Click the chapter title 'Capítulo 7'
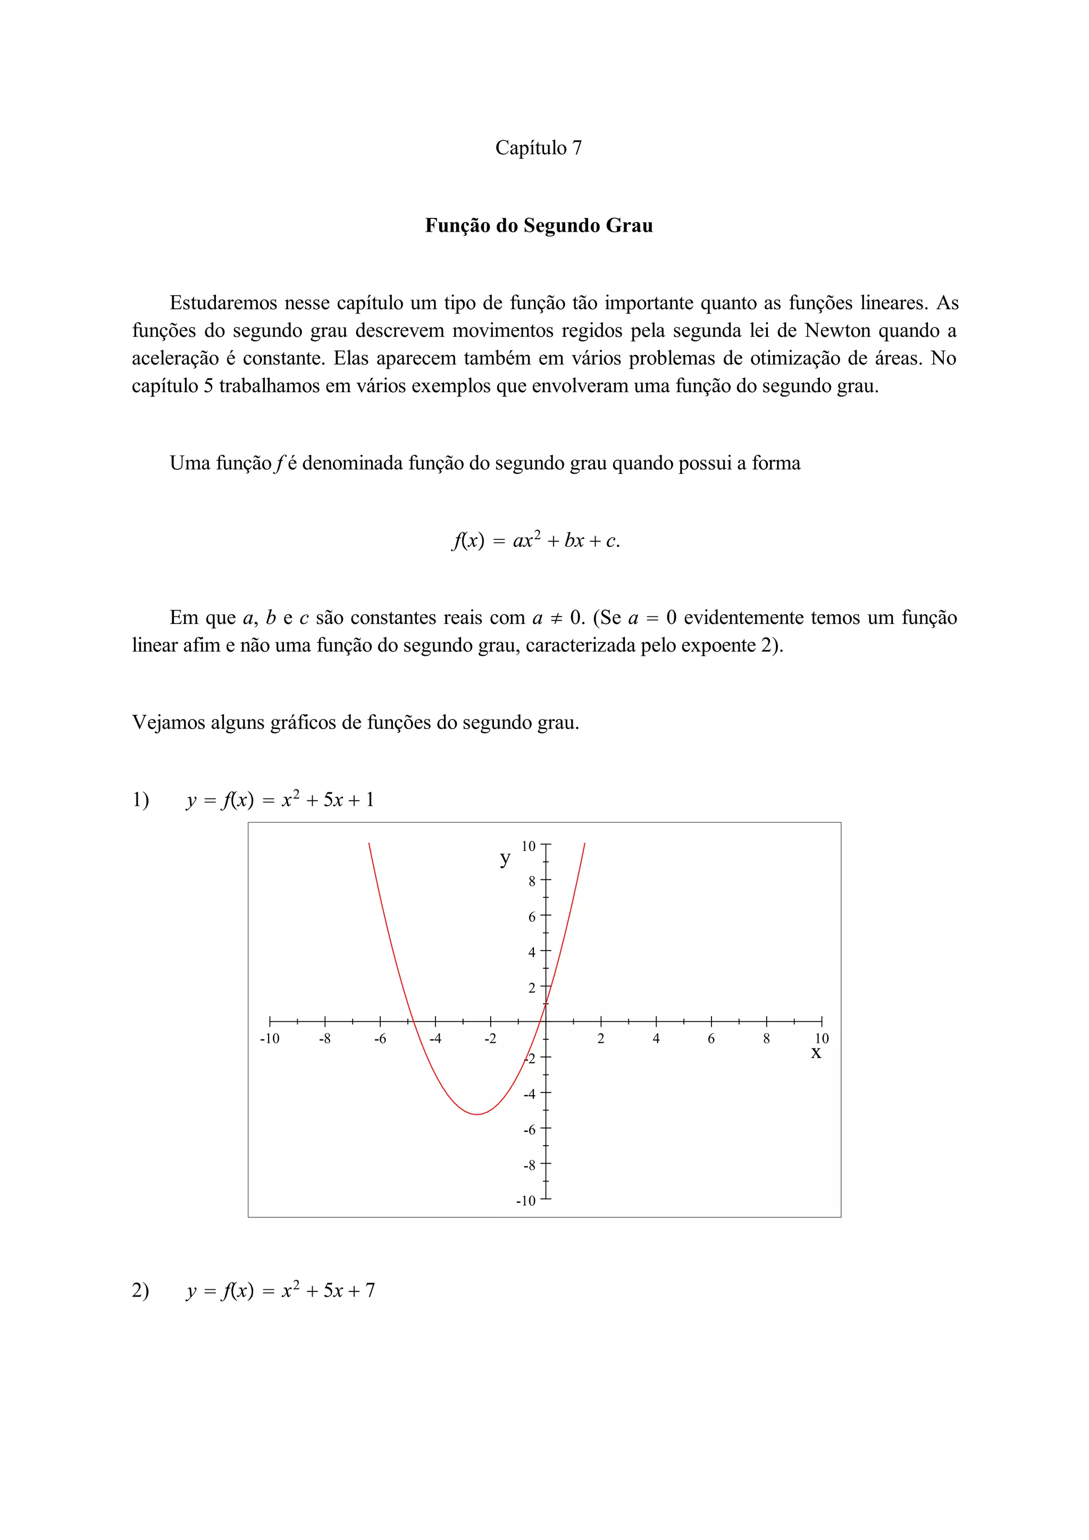[x=538, y=148]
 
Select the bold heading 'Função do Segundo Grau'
[x=538, y=225]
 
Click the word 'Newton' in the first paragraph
[x=837, y=331]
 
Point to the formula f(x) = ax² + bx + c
[x=535, y=540]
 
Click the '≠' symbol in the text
[x=556, y=617]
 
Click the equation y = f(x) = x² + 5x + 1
[x=280, y=800]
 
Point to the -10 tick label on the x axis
[x=269, y=1039]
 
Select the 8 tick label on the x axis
[x=766, y=1039]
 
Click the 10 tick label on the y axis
[x=528, y=847]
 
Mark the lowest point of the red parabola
[x=476, y=1114]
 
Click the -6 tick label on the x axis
[x=380, y=1039]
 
